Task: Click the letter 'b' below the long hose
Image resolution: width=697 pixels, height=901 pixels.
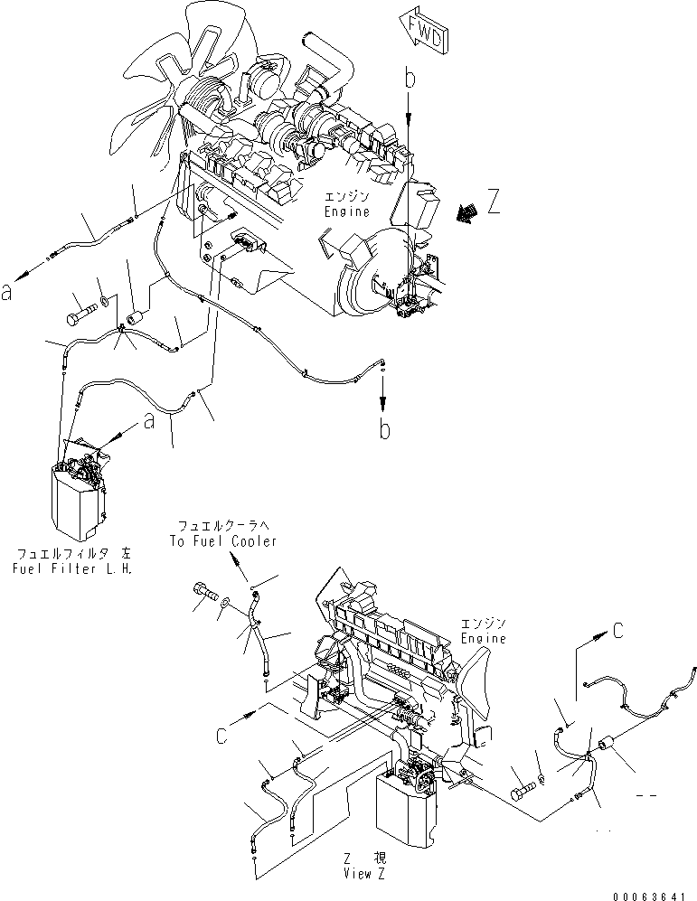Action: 385,429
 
